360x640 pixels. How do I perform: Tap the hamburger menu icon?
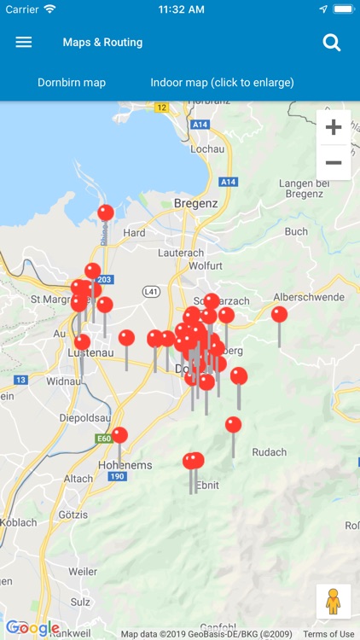pos(24,42)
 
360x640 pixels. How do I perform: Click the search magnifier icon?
pos(332,43)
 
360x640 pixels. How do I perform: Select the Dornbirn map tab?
pos(72,83)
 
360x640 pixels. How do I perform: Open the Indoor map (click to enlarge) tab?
pos(222,83)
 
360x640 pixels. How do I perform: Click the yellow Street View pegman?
pos(333,601)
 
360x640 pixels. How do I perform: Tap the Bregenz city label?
pos(196,203)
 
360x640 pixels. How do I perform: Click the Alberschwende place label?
pos(308,297)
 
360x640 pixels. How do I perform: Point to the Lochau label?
pos(208,148)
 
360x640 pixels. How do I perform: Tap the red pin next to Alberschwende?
pos(279,314)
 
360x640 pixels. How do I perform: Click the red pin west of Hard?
pos(106,212)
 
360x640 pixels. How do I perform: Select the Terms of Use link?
pos(328,634)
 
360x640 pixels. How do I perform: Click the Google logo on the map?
pos(32,629)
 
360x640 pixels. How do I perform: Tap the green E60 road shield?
pos(103,439)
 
